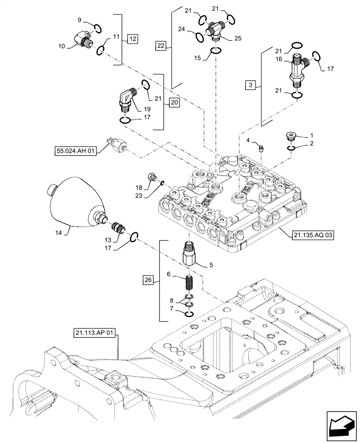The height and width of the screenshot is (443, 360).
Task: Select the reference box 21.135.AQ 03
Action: (x=313, y=235)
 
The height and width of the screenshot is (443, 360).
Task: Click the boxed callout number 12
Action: (x=132, y=39)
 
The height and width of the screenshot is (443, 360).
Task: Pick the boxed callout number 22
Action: (x=160, y=45)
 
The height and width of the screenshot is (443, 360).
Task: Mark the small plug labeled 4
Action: (x=262, y=150)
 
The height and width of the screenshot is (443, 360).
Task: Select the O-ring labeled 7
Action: (x=189, y=314)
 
